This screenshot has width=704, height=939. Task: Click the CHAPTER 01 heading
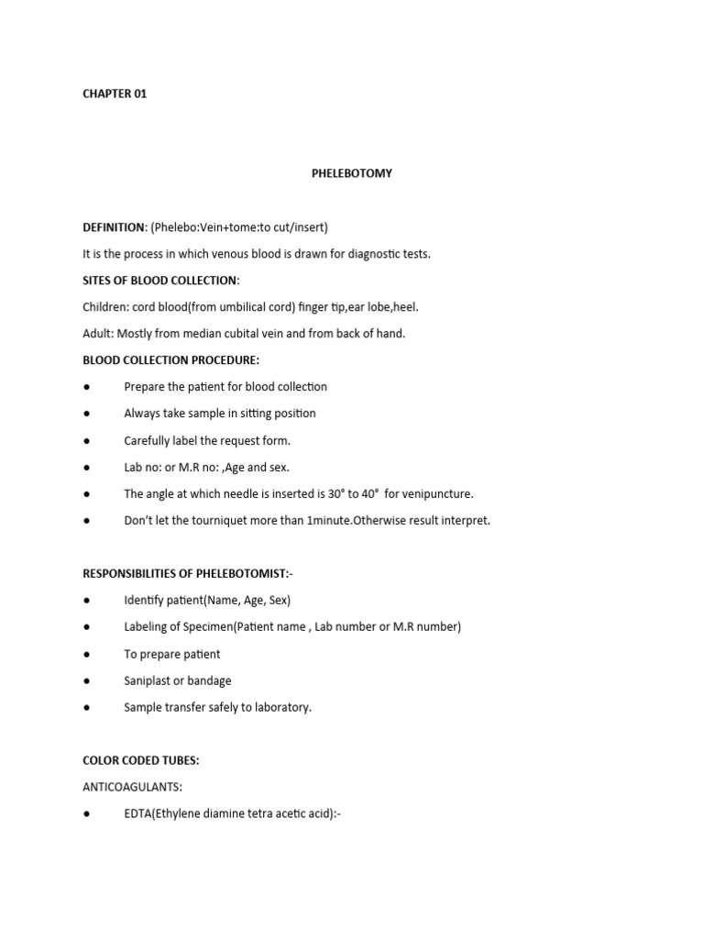coord(115,94)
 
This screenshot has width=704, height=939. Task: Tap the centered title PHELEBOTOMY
coord(351,173)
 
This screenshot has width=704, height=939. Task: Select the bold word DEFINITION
coord(115,227)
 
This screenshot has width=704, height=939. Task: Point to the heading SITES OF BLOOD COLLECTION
coord(160,280)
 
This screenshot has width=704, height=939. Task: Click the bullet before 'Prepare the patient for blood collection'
coord(86,387)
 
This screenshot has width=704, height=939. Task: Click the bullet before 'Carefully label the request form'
coord(86,441)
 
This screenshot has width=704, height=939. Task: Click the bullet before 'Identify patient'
coord(86,601)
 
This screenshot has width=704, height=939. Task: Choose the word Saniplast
coord(148,680)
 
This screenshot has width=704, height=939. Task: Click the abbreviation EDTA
coord(138,814)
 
